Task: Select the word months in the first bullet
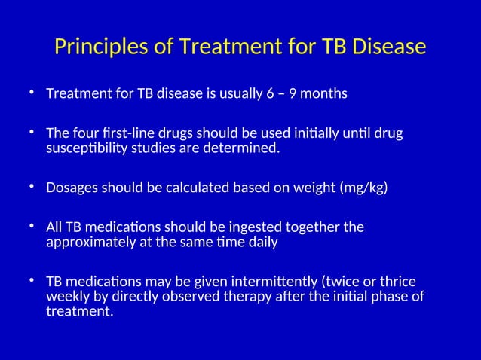click(x=325, y=95)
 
